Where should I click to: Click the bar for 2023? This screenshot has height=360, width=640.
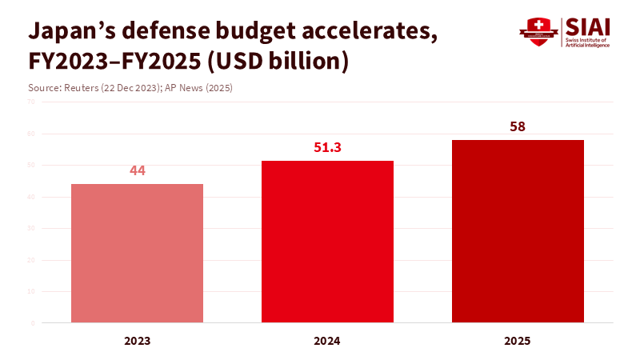pos(137,253)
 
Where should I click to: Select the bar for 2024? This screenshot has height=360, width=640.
pos(327,242)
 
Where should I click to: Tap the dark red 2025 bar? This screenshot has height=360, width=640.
pos(518,231)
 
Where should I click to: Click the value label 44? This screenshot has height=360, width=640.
pos(137,170)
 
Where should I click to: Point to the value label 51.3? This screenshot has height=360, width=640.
pos(327,147)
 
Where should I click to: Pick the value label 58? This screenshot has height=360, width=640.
pos(518,126)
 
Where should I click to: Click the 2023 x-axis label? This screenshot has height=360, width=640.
pos(137,341)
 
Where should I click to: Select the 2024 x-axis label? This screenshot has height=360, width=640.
pos(327,341)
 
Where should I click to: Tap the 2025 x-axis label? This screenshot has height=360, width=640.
pos(518,341)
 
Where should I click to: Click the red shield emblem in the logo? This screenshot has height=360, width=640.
pos(538,33)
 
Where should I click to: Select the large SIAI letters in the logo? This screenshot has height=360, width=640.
pos(586,26)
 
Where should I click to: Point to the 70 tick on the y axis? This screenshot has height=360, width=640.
pos(31,102)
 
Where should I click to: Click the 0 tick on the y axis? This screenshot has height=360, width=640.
pos(33,323)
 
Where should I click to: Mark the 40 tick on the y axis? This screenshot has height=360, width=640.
pos(31,197)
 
